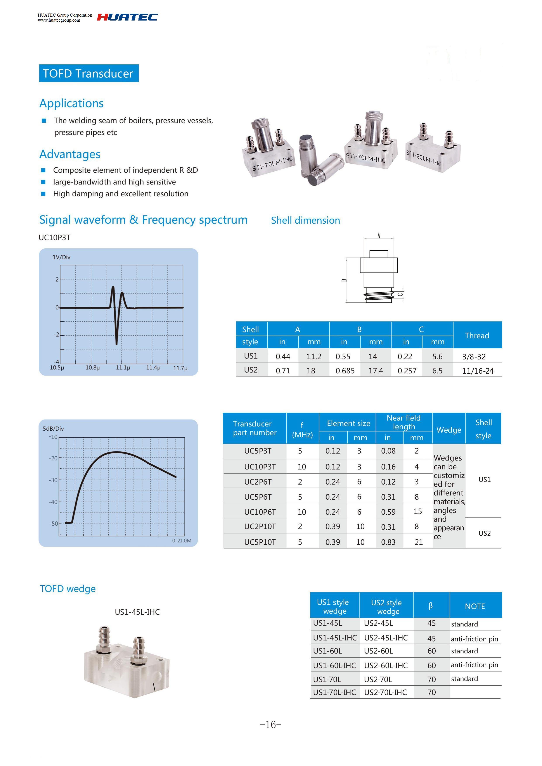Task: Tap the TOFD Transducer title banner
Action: pyautogui.click(x=88, y=73)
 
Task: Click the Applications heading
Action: pyautogui.click(x=71, y=104)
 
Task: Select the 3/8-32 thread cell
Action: pyautogui.click(x=474, y=357)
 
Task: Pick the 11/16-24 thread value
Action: pyautogui.click(x=478, y=371)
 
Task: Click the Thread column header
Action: pyautogui.click(x=477, y=335)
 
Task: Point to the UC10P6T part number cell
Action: pyautogui.click(x=260, y=512)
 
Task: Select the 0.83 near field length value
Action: pyautogui.click(x=388, y=542)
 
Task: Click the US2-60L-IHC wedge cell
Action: pyautogui.click(x=386, y=666)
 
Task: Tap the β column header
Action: pyautogui.click(x=431, y=606)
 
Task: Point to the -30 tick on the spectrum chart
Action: pyautogui.click(x=53, y=480)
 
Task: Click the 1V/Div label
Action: pyautogui.click(x=61, y=257)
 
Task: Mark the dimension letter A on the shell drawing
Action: pyautogui.click(x=379, y=236)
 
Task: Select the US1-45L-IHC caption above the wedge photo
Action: pyautogui.click(x=137, y=612)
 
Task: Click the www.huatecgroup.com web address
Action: pyautogui.click(x=59, y=20)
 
